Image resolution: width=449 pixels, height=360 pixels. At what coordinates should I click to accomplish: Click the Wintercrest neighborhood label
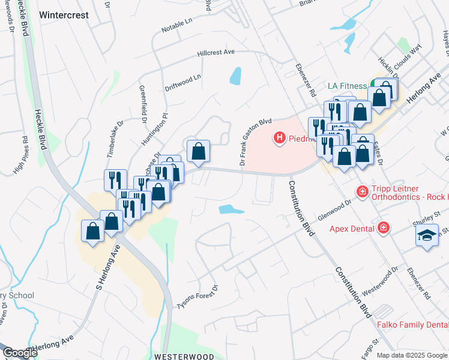click(x=72, y=15)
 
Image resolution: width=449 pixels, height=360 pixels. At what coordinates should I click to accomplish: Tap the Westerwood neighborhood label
click(x=184, y=356)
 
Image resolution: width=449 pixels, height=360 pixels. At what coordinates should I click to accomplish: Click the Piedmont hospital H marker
click(x=279, y=139)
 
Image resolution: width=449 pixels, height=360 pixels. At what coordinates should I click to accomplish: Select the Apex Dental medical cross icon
click(x=383, y=228)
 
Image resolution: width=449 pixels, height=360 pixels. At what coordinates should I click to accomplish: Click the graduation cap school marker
click(x=427, y=235)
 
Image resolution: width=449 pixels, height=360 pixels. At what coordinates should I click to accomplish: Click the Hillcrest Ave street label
click(x=216, y=53)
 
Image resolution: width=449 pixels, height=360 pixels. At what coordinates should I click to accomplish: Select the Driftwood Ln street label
click(x=183, y=78)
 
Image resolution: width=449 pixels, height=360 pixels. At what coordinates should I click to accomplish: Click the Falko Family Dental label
click(x=412, y=325)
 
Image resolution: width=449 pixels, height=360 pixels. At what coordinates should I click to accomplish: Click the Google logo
click(x=19, y=353)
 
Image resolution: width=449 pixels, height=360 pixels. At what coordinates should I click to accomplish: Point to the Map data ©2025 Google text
click(x=411, y=355)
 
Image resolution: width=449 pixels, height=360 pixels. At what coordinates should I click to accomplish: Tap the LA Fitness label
click(x=347, y=86)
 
